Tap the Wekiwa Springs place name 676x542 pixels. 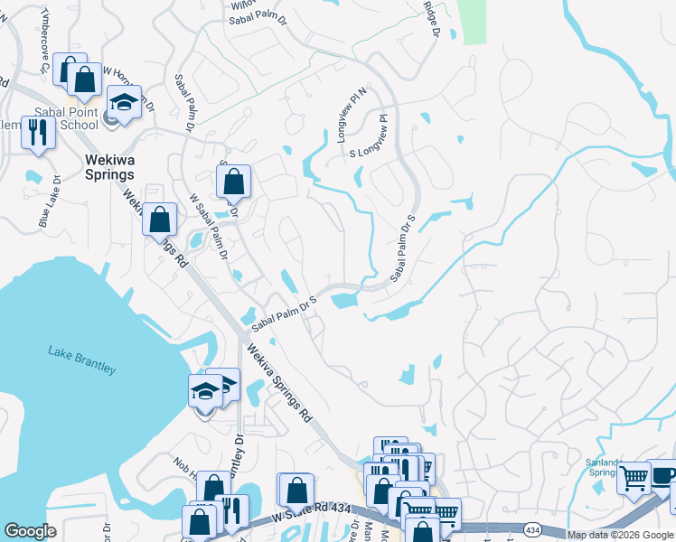click(x=109, y=167)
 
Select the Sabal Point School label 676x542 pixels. click(x=65, y=118)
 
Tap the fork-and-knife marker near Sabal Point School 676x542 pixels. click(x=39, y=132)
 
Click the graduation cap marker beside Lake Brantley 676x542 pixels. click(x=205, y=392)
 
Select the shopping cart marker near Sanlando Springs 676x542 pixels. click(x=634, y=476)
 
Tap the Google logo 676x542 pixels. click(x=31, y=531)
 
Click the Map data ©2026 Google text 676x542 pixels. click(x=620, y=535)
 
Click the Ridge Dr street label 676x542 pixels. click(x=431, y=19)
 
